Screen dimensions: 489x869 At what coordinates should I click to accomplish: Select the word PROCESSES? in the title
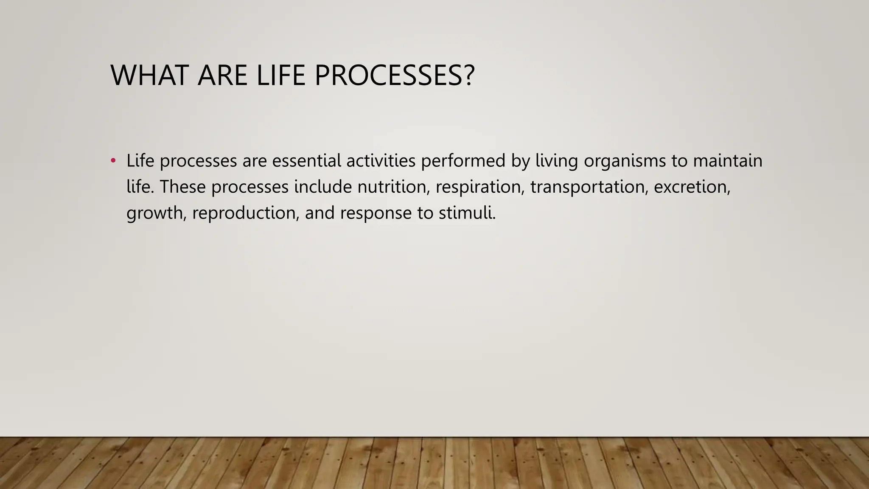point(394,76)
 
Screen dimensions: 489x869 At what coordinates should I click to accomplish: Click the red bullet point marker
point(113,161)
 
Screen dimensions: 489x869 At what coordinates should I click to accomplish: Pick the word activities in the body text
point(381,161)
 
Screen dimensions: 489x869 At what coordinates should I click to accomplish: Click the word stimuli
point(467,213)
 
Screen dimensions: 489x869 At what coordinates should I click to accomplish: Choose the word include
point(323,187)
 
